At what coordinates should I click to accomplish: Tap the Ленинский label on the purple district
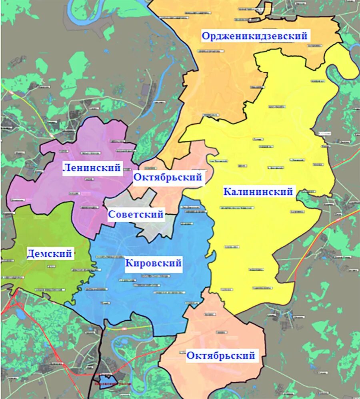[x=92, y=168]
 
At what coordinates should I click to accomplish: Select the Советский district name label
[x=136, y=215]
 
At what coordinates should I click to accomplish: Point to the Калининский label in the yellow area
[x=258, y=192]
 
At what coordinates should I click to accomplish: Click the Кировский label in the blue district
[x=154, y=263]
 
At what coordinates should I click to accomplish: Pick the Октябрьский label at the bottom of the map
[x=220, y=355]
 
